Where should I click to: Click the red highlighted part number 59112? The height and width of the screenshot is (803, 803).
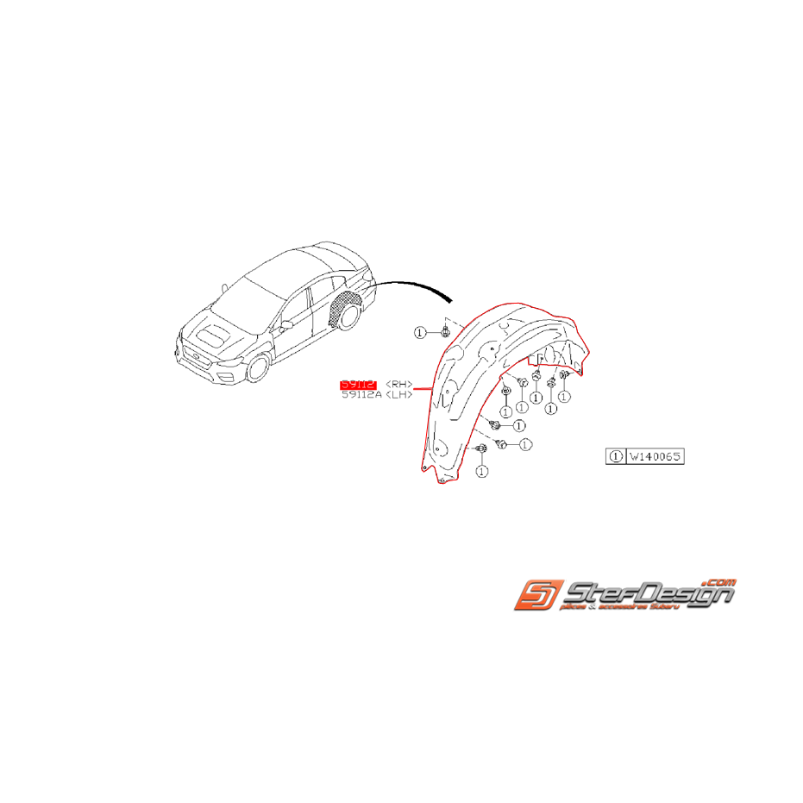359,383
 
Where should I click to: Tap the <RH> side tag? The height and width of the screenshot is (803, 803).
398,383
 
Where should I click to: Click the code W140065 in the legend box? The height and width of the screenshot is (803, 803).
655,455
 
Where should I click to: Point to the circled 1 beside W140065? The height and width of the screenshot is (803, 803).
616,455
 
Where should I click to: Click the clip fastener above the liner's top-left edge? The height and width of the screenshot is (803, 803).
445,331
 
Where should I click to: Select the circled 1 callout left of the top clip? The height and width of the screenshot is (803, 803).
420,332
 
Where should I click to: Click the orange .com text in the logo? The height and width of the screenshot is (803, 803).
720,582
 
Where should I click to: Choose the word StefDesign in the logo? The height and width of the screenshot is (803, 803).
647,594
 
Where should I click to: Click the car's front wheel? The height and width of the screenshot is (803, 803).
258,368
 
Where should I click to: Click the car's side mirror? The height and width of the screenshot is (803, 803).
284,324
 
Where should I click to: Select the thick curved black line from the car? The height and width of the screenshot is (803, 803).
414,285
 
